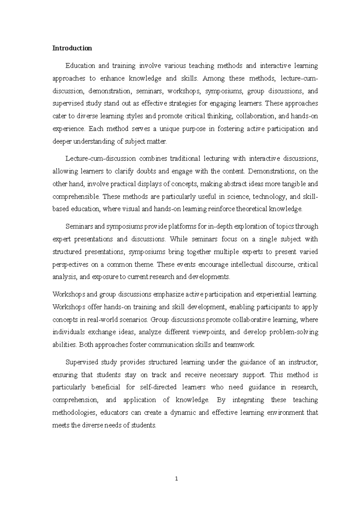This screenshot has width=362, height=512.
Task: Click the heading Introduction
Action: click(x=72, y=48)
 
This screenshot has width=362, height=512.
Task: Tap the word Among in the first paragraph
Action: click(x=214, y=78)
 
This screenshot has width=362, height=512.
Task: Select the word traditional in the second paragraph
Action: click(x=185, y=158)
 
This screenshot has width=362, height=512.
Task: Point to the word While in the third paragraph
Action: click(x=179, y=239)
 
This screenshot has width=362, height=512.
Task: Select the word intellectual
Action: click(x=247, y=264)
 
